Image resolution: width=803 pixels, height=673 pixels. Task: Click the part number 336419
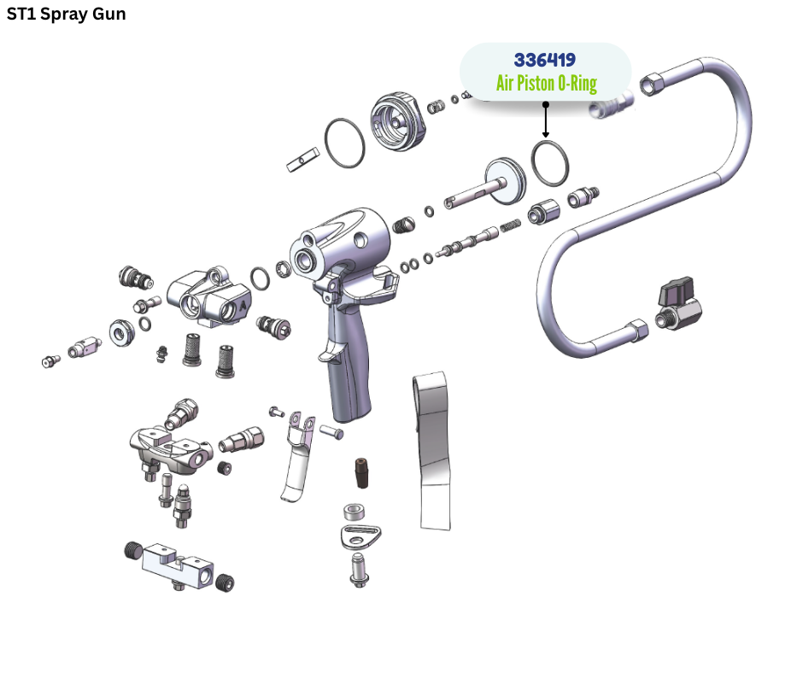coord(544,60)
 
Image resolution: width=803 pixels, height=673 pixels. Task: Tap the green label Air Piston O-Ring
coord(547,83)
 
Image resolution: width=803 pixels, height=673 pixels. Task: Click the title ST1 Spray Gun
coord(66,14)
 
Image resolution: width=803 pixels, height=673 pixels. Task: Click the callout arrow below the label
coord(546,120)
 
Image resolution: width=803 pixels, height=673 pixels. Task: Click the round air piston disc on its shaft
coord(504,181)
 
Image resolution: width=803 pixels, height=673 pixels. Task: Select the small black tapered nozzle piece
coord(361,473)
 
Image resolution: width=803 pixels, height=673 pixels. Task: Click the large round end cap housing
coord(398,121)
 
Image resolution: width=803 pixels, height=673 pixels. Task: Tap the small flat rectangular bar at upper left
coord(302,160)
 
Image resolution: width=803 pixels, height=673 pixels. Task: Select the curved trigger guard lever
coord(297,456)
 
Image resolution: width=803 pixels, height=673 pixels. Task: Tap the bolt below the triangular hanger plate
coord(359,570)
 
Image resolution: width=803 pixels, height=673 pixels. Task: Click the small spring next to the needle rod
coord(510,225)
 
